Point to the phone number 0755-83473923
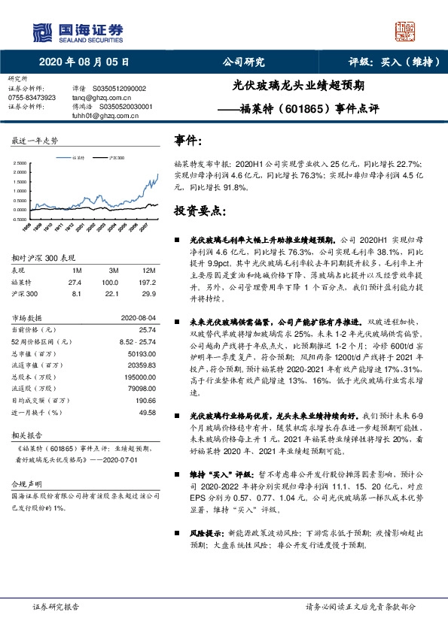pos(32,98)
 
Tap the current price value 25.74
pos(147,330)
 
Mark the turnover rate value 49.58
pos(147,413)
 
